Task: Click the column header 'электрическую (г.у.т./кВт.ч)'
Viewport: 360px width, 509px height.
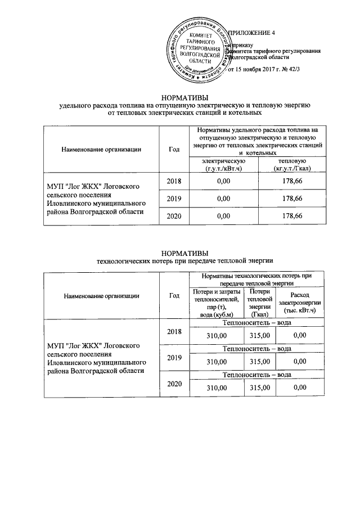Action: [x=219, y=165]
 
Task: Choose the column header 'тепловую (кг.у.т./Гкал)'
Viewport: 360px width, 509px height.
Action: [x=292, y=165]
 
